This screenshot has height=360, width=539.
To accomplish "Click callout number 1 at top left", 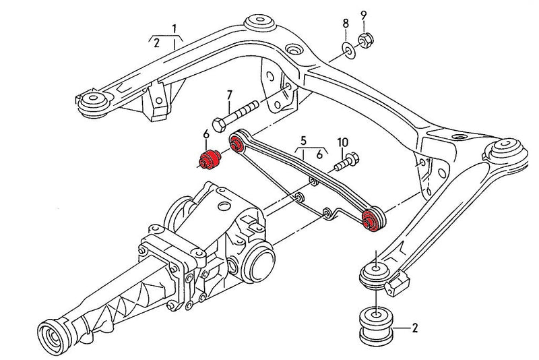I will click(175, 29).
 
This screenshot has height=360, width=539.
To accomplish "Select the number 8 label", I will click(346, 23).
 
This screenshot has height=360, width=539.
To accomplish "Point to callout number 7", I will click(229, 96).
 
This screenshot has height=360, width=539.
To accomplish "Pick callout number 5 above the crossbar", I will click(303, 141).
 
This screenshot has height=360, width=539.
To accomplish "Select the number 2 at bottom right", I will click(414, 330).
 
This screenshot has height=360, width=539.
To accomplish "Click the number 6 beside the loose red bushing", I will click(206, 136).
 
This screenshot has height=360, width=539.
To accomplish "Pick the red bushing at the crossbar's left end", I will click(236, 144).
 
